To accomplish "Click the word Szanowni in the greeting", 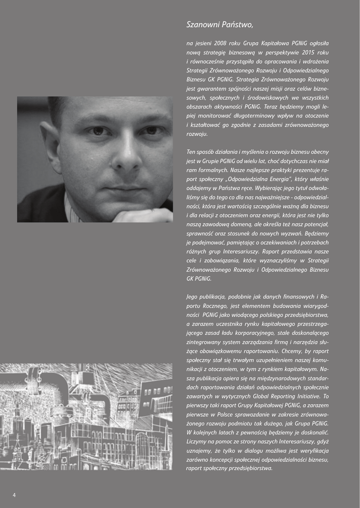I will point(201,24).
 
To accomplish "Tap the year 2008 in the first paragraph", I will point(220,43).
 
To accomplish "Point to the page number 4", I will point(14,495).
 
